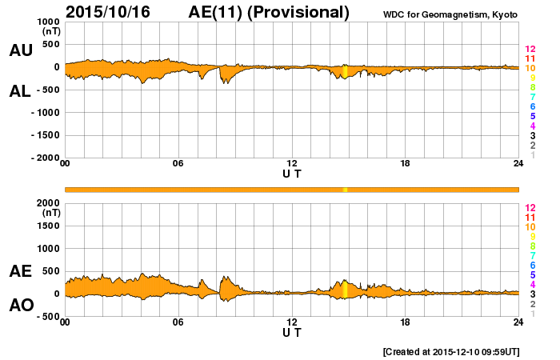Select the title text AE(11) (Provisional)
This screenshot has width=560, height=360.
269,12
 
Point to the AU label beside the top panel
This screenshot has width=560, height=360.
21,50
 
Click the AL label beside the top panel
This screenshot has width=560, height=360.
21,91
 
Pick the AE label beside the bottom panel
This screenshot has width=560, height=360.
21,271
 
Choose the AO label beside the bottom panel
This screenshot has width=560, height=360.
21,306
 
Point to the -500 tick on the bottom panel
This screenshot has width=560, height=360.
46,317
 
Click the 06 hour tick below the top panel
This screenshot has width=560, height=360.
178,164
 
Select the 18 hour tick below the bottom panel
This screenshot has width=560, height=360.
406,322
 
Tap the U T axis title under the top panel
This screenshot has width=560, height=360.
292,174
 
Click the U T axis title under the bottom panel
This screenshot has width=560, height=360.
292,332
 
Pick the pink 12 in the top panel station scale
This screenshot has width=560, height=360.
530,50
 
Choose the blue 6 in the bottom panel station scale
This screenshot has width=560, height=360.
531,265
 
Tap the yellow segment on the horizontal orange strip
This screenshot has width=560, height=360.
345,190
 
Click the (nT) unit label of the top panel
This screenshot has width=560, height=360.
51,33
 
